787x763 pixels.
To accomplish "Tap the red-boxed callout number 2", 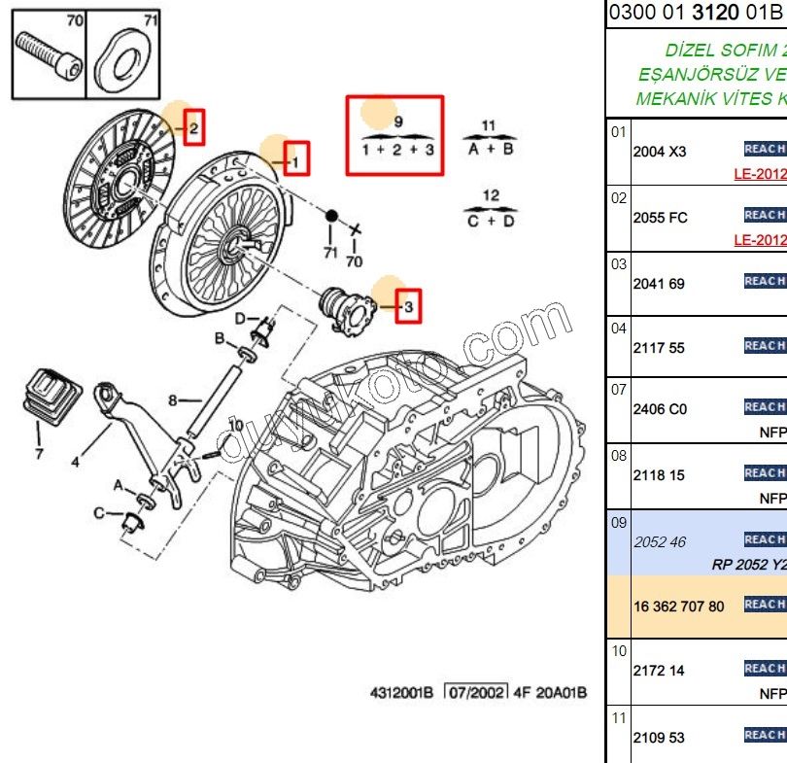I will click(x=194, y=127).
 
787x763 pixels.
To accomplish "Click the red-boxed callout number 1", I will click(x=297, y=158).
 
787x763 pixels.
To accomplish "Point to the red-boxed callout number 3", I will click(x=409, y=308).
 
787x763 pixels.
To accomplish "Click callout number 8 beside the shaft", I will click(x=172, y=400).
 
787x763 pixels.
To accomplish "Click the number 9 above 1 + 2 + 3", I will click(x=397, y=121).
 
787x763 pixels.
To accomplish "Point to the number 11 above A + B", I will click(x=489, y=125).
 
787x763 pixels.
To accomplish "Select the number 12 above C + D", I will click(x=491, y=195).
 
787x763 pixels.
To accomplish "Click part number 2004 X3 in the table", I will click(x=659, y=152).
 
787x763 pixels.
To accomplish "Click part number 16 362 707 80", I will click(x=678, y=607).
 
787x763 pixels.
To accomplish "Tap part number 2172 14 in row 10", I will click(x=658, y=671).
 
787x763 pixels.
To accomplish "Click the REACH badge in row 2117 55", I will click(x=764, y=345).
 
